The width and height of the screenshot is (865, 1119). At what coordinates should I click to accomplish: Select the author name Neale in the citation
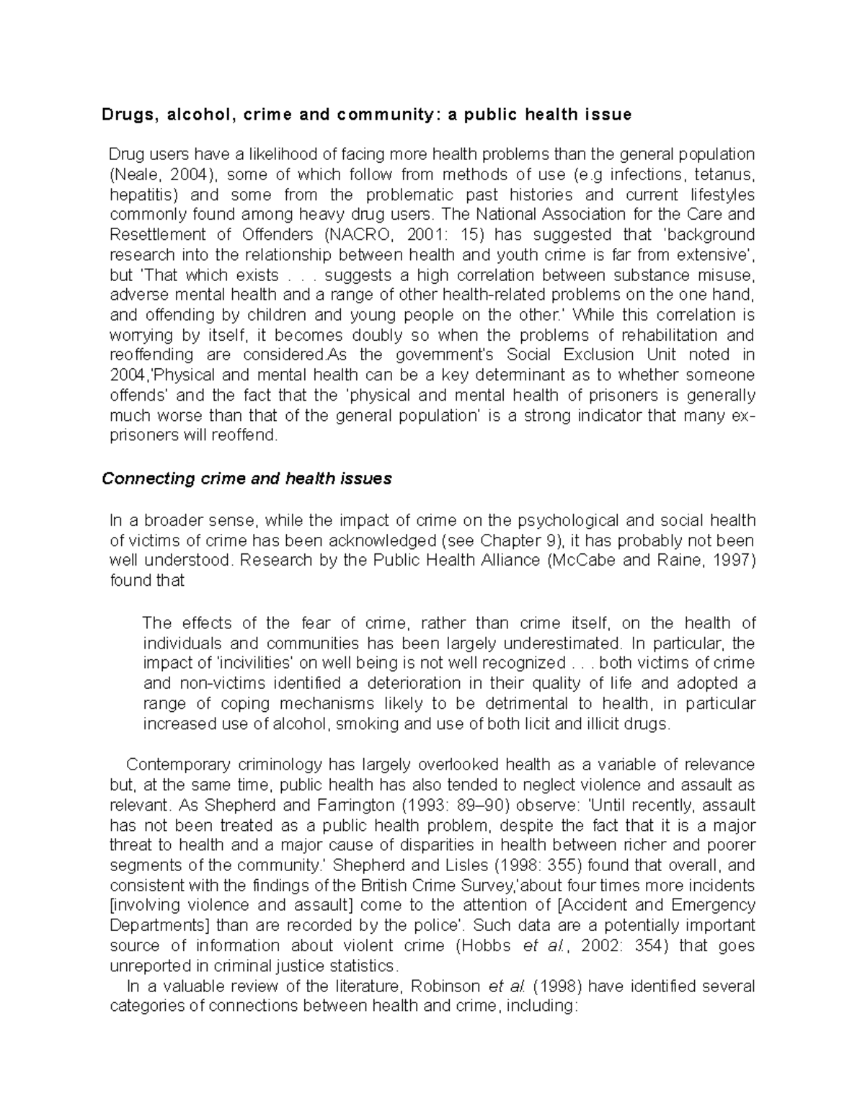coord(133,174)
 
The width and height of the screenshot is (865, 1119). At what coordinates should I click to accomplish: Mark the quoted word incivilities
coord(257,663)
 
